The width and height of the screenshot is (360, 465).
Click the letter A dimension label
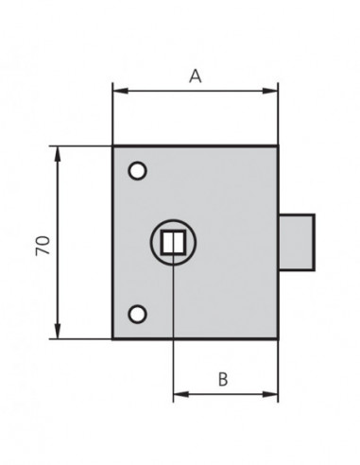tap(195, 77)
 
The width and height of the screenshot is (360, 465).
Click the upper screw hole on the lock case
tap(137, 171)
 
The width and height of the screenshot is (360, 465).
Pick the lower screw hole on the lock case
tap(137, 313)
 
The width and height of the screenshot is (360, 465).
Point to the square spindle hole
tap(172, 242)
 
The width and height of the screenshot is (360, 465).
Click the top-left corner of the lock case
tap(113, 146)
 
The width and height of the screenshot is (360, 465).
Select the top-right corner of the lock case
tap(278, 146)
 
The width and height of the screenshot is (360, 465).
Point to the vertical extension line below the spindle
tap(173, 331)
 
